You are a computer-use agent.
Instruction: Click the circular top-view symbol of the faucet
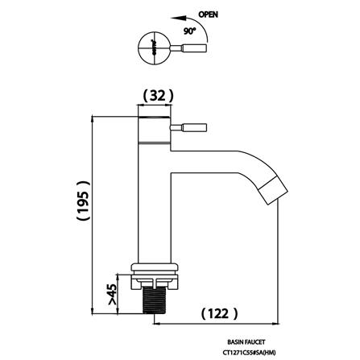pyautogui.click(x=151, y=48)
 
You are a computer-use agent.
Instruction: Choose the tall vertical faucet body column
pyautogui.click(x=155, y=201)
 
